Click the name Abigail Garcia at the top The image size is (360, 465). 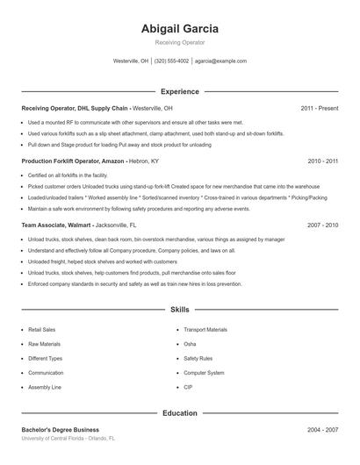180,28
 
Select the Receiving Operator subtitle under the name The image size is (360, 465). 180,42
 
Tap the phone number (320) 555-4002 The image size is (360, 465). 171,61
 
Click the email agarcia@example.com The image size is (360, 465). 220,61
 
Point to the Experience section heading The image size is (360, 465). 180,91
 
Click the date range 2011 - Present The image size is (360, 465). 319,108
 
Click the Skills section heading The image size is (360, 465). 180,310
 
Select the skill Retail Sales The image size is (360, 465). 42,330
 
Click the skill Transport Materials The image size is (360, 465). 205,330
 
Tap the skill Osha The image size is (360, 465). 191,344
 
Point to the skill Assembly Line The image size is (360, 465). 45,387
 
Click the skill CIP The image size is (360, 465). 188,387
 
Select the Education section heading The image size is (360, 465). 180,412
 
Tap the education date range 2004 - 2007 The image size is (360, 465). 323,430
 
